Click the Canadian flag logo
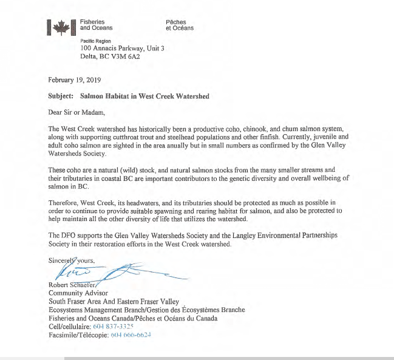[61, 25]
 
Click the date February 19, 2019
[74, 80]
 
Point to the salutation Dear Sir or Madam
[76, 112]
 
